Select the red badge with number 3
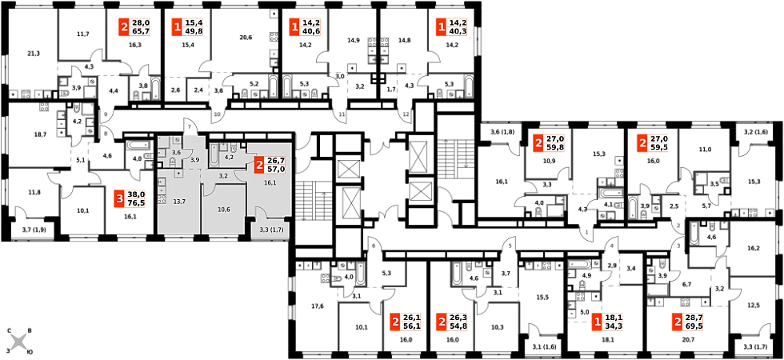coord(119,198)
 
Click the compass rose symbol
coord(21,342)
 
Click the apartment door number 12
coord(406,114)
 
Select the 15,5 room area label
coord(542,297)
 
